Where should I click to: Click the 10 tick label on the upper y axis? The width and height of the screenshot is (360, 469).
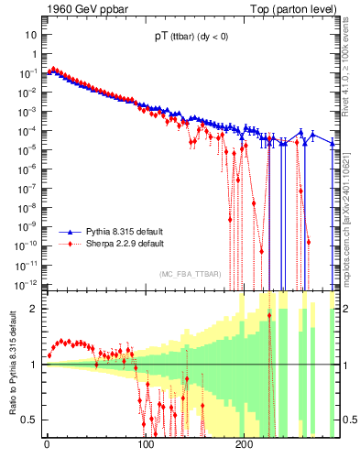point(30,34)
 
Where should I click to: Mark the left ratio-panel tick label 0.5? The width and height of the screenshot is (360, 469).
point(29,420)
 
